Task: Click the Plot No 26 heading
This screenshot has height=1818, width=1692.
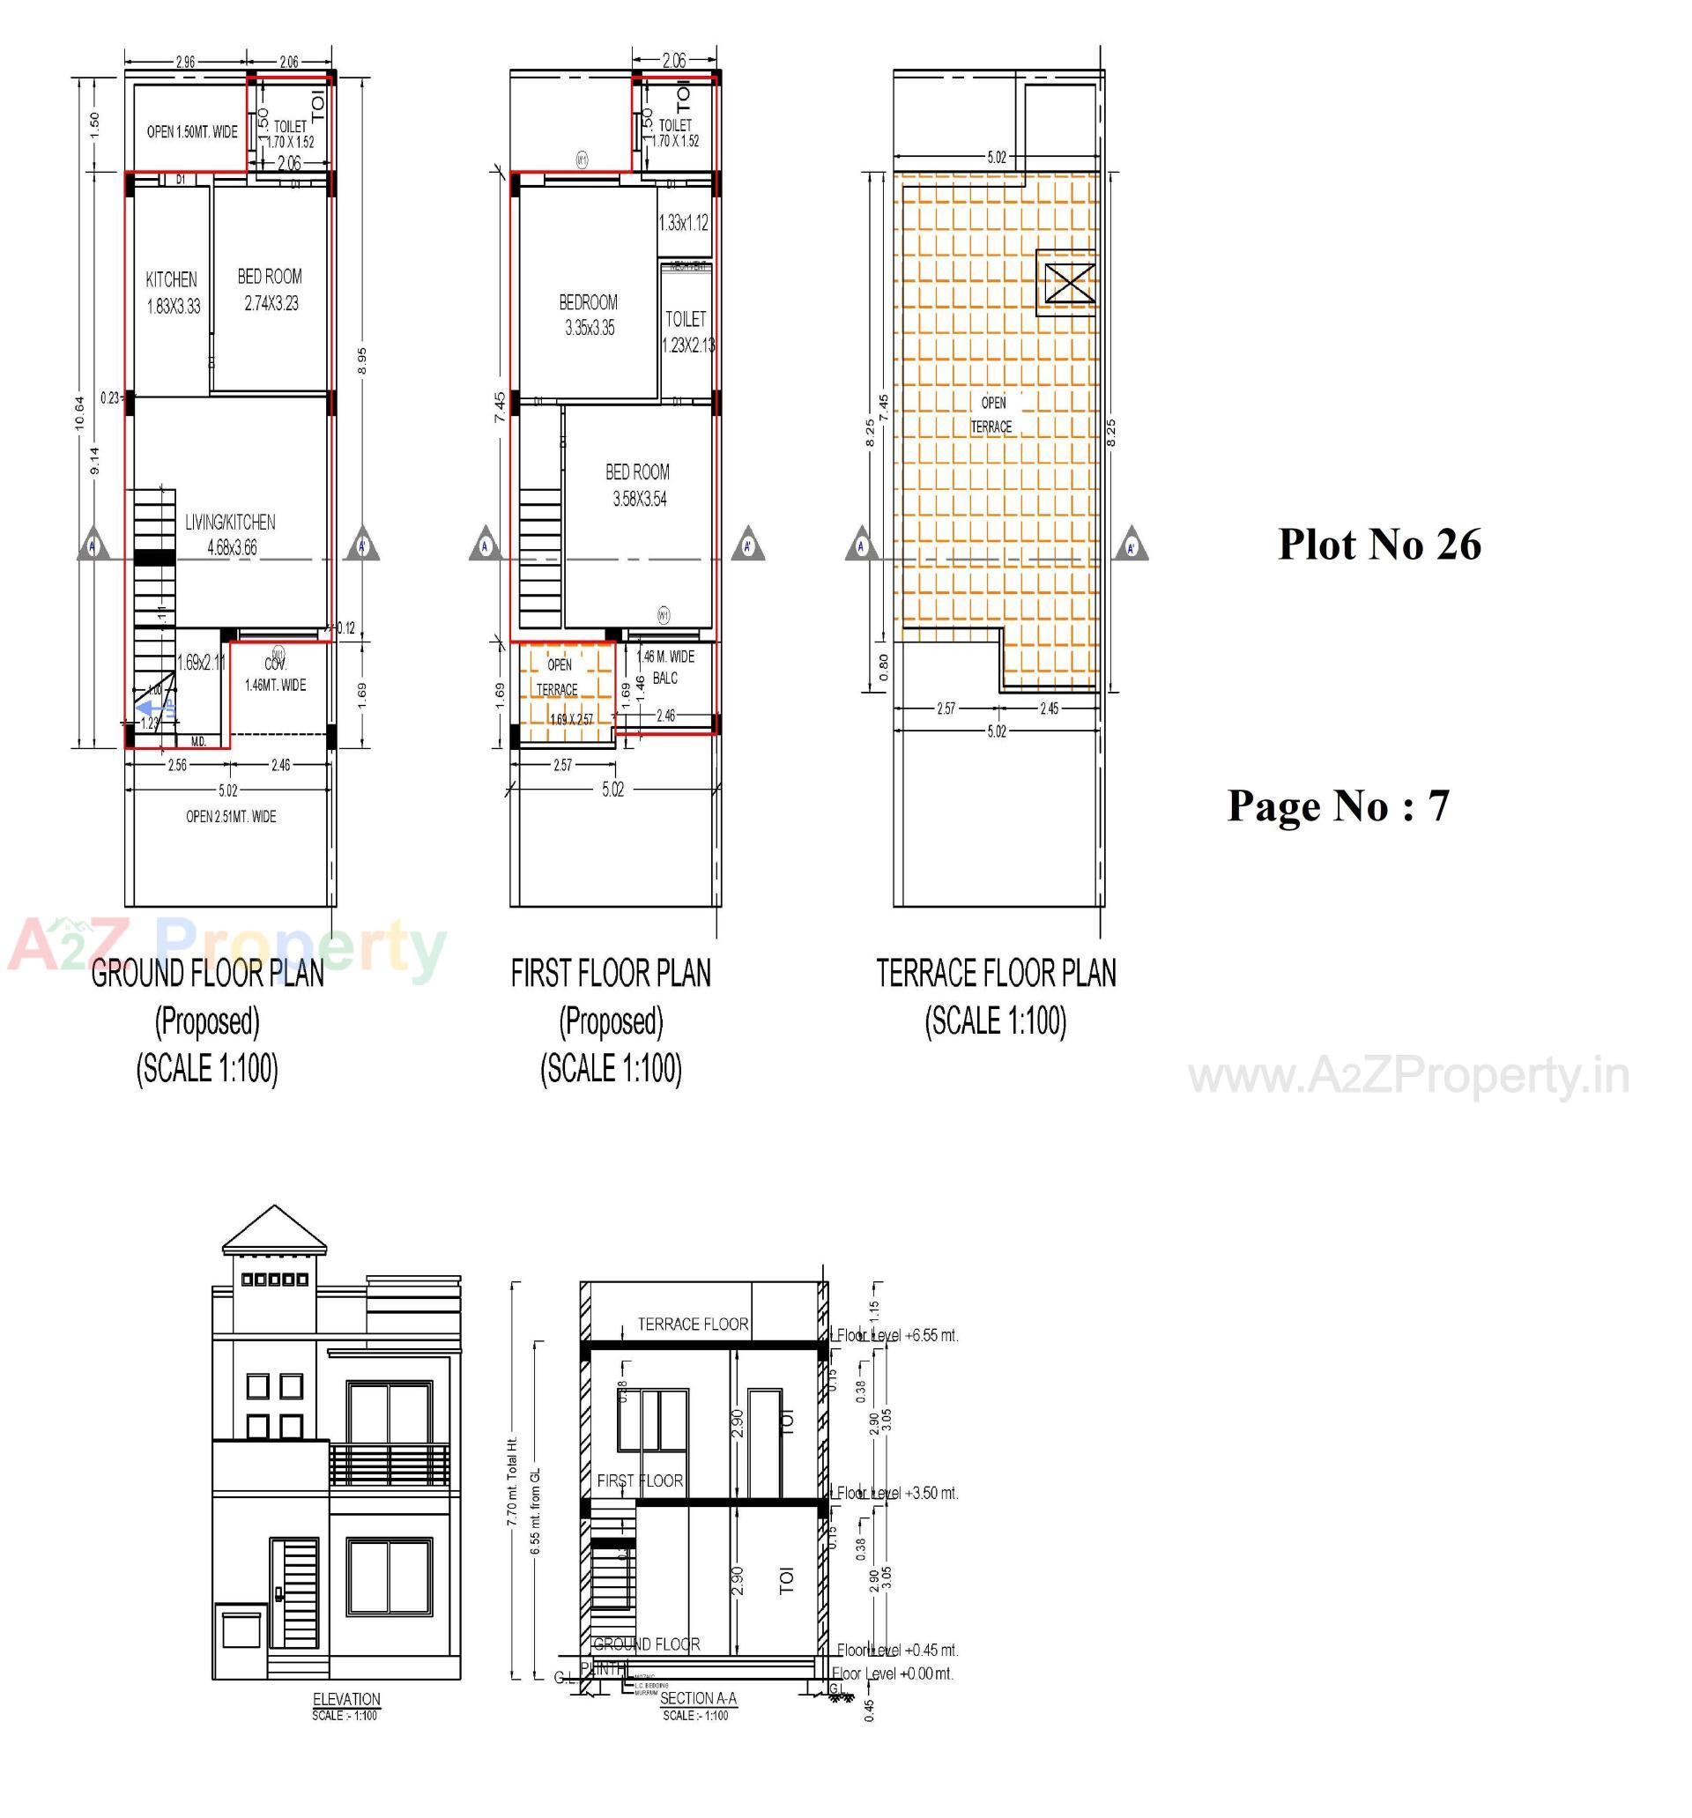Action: (1378, 544)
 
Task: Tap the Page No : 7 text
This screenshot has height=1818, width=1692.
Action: (1337, 805)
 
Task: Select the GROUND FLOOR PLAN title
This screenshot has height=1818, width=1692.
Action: (208, 973)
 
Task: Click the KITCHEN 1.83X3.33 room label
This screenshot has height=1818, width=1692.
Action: (172, 293)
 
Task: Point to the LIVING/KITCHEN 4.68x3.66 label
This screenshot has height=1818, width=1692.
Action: (229, 535)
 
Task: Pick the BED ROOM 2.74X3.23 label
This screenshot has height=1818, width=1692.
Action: (270, 289)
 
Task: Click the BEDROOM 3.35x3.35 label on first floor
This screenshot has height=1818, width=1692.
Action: (588, 315)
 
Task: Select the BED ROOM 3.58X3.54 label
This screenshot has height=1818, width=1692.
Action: (637, 485)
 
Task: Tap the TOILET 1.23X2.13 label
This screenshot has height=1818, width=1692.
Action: (686, 331)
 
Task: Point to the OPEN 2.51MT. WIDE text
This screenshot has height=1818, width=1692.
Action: (231, 817)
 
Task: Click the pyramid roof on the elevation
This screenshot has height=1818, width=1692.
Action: (273, 1231)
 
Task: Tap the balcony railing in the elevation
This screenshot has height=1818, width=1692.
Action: (389, 1464)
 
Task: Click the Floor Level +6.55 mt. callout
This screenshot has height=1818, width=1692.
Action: (896, 1336)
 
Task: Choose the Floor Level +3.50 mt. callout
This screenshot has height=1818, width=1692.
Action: (896, 1494)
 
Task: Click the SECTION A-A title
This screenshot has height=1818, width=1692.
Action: (697, 1698)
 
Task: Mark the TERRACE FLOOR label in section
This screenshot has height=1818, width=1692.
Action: (693, 1325)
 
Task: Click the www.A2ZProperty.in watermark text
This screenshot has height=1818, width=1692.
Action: (1408, 1076)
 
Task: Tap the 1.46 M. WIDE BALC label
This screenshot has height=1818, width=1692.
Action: (665, 667)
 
